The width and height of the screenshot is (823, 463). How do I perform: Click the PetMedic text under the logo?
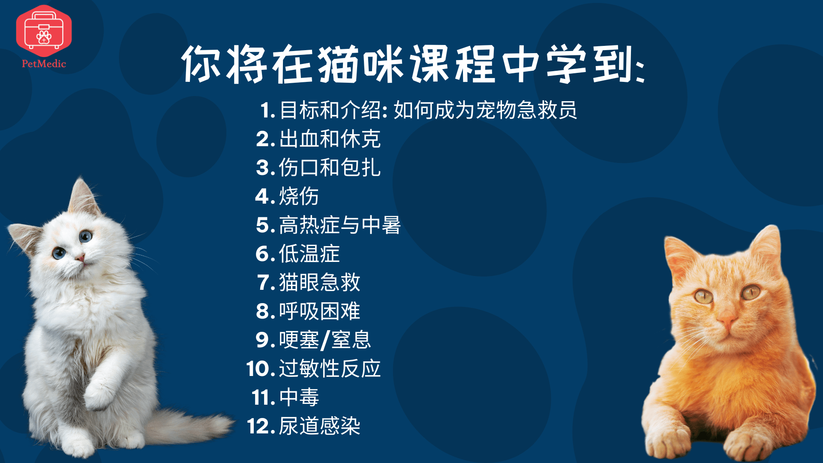[x=44, y=64]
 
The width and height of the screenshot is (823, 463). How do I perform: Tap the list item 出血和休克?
[x=330, y=139]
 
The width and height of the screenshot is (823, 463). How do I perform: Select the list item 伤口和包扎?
[x=330, y=168]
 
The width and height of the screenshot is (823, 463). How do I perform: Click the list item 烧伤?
[x=299, y=196]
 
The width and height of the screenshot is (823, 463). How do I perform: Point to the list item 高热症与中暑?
[x=340, y=225]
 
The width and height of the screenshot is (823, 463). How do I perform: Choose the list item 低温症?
[x=309, y=254]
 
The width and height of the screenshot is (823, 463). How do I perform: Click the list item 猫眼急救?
[x=319, y=283]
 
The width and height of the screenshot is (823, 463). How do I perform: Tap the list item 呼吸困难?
[x=319, y=311]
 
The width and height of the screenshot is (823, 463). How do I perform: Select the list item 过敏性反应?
[x=330, y=369]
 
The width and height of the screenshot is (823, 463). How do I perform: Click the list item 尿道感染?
[x=319, y=426]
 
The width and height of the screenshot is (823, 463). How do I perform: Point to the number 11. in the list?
[x=263, y=397]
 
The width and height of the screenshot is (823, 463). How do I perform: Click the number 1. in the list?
[x=267, y=110]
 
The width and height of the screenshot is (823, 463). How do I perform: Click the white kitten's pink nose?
[x=80, y=257]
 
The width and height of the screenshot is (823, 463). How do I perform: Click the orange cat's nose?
[x=727, y=319]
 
